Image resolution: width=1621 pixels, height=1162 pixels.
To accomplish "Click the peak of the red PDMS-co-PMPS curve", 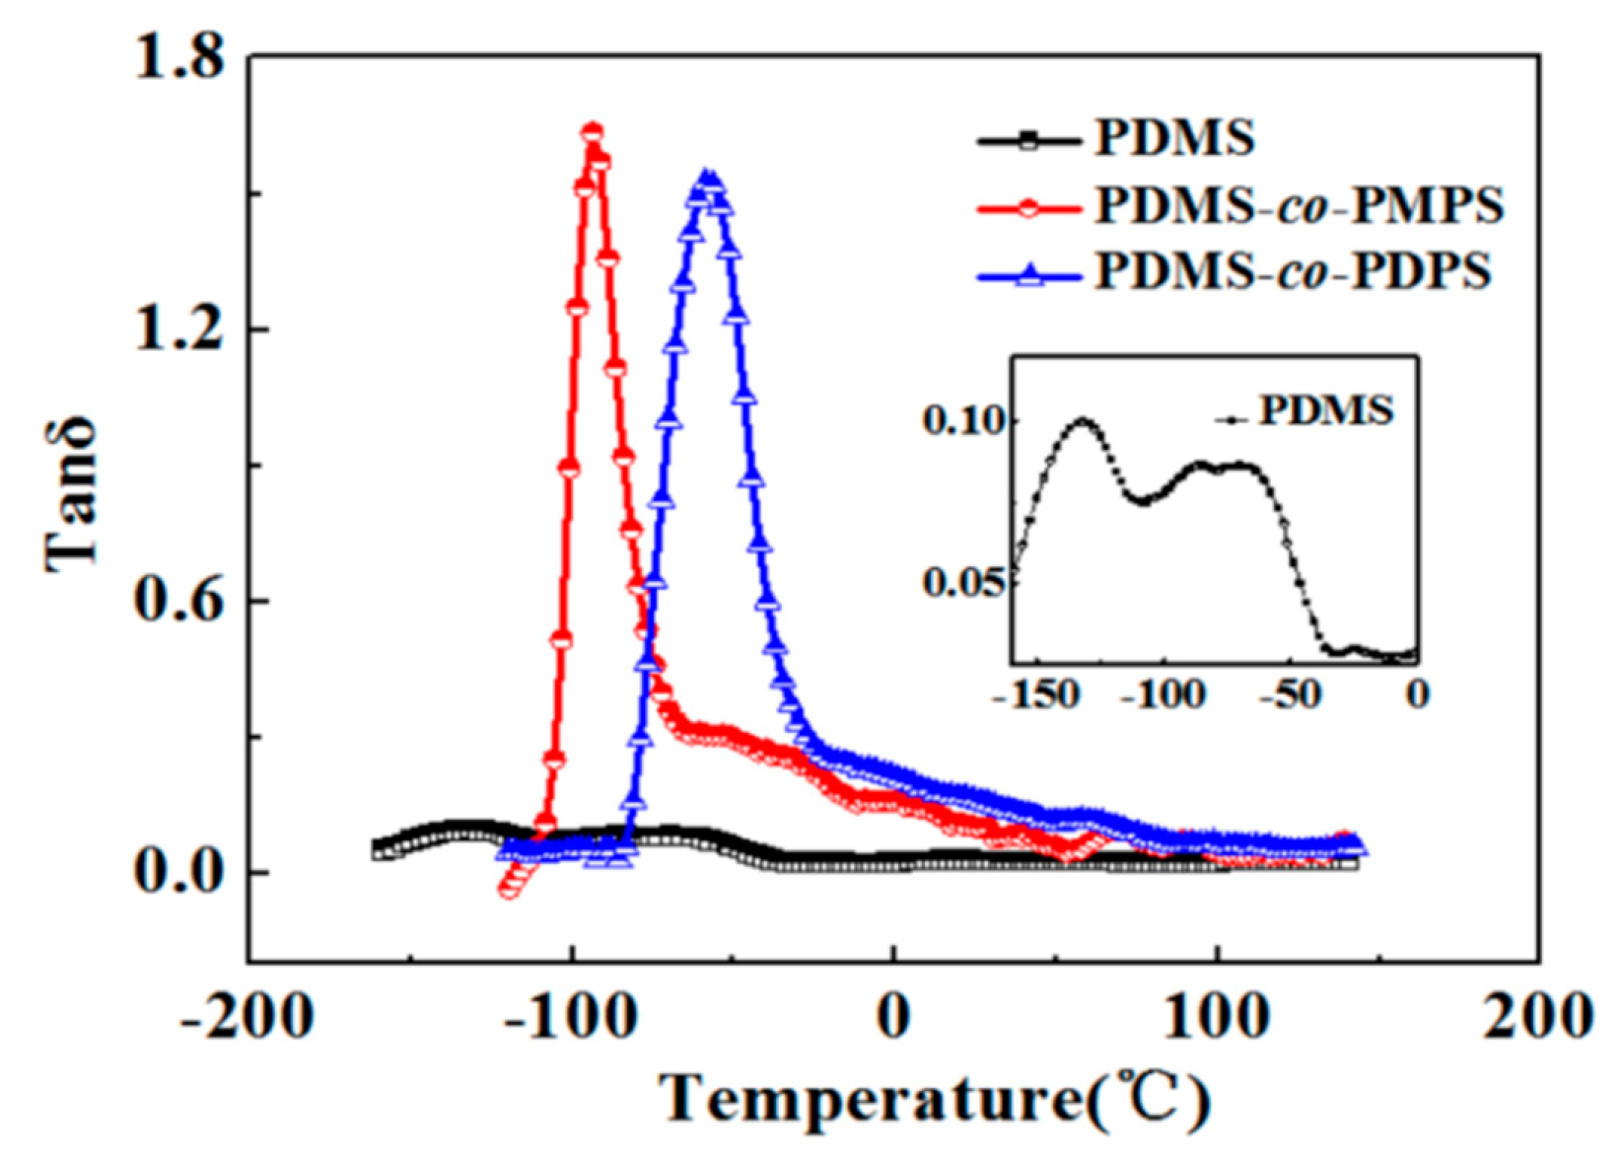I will pos(592,132).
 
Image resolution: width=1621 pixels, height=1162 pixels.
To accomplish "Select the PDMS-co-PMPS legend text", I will pos(1300,205).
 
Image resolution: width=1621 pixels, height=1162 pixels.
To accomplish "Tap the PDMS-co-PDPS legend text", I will pos(1294,270).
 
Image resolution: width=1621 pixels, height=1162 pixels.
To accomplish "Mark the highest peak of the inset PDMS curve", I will pos(1084,421).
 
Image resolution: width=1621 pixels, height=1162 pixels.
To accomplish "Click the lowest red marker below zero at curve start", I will pos(509,890).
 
